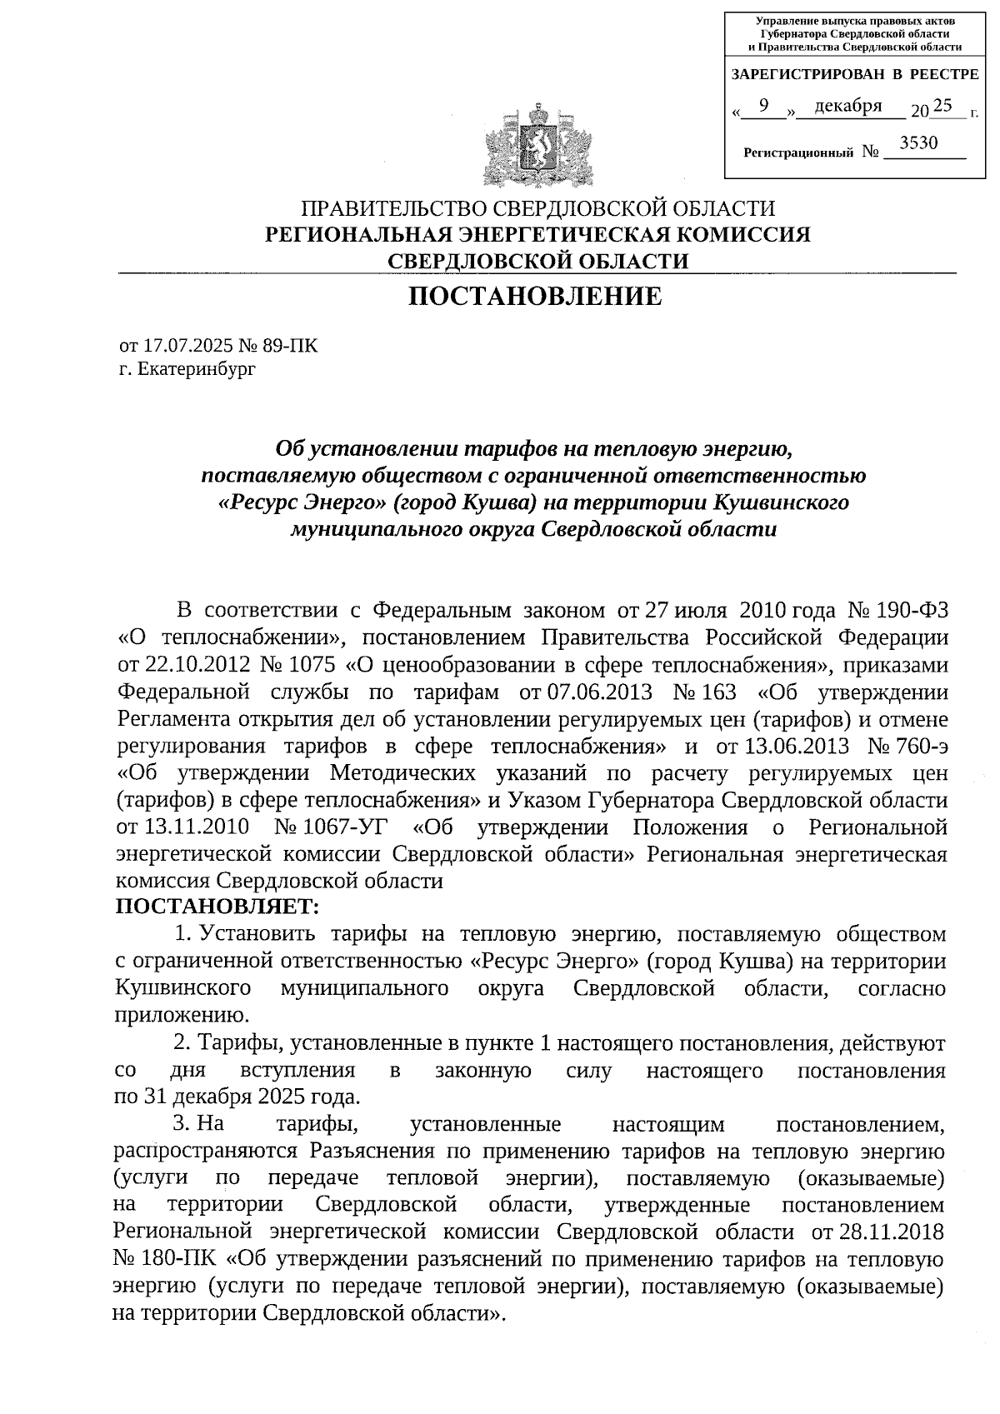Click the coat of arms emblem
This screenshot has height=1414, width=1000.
[x=537, y=145]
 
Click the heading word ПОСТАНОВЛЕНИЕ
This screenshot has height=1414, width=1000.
[x=536, y=297]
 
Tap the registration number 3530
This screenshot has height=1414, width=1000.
[x=919, y=143]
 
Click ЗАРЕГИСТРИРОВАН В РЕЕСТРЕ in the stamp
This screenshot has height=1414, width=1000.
[x=855, y=75]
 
